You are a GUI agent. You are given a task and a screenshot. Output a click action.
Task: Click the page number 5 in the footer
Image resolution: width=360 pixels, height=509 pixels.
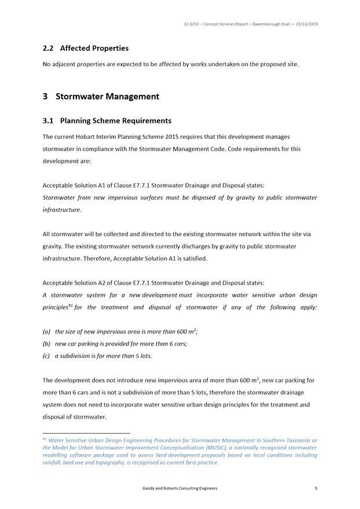316,488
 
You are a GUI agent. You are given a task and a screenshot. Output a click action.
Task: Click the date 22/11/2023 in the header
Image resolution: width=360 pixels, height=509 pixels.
306,24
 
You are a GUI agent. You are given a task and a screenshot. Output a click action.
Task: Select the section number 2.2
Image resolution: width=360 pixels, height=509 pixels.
49,48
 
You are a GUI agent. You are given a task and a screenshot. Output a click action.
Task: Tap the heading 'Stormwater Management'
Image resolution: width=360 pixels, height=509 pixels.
107,96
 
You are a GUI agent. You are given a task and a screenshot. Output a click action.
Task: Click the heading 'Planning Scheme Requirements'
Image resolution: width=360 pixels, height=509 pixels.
116,121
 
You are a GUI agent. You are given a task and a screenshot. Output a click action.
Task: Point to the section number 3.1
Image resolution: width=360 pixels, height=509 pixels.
49,121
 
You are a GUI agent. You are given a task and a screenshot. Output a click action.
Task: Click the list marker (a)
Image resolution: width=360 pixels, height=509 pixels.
46,332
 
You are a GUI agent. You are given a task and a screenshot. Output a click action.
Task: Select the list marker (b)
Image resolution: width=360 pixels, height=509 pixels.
46,343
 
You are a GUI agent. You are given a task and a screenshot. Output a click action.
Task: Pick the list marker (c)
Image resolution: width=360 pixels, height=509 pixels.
46,356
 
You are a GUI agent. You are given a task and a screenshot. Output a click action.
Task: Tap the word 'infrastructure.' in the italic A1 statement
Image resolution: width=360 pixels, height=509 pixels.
62,210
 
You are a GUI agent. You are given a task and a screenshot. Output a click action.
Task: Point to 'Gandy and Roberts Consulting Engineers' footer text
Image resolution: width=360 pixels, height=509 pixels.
180,488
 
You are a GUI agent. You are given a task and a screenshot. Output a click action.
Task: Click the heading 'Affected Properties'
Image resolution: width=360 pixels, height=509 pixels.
94,48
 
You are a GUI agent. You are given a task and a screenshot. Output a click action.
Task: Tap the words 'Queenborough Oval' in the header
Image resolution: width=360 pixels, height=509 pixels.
260,24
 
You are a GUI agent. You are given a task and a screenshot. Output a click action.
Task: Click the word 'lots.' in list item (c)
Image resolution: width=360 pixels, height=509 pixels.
145,356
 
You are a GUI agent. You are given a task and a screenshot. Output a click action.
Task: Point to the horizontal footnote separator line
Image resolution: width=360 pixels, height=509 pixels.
86,433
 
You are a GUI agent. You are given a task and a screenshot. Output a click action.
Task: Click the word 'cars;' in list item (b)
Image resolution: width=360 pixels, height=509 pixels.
179,343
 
